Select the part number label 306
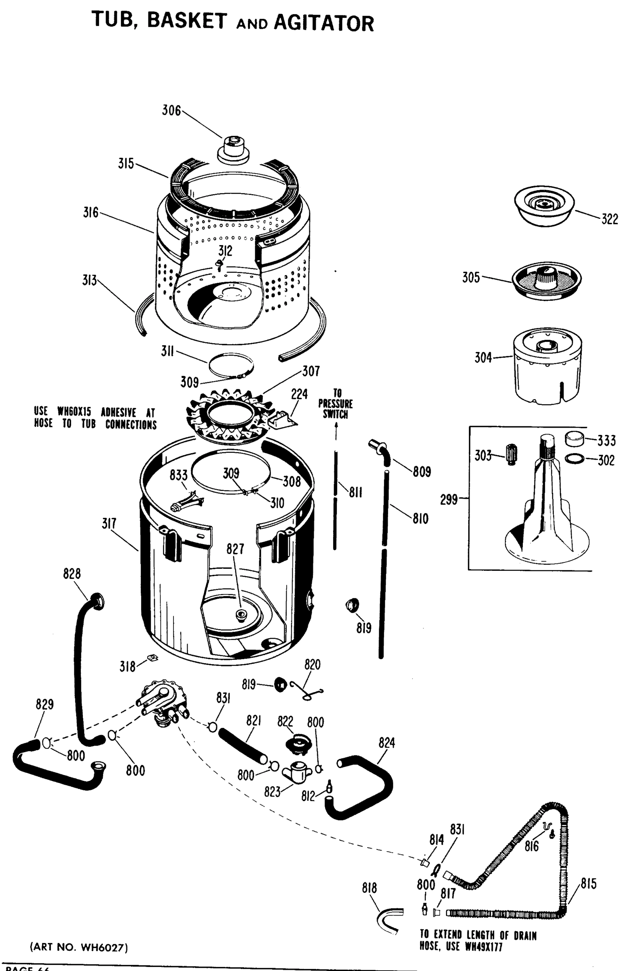pyautogui.click(x=171, y=110)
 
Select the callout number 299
pyautogui.click(x=449, y=499)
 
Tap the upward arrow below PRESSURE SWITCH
pyautogui.click(x=336, y=432)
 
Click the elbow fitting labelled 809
pyautogui.click(x=379, y=449)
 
